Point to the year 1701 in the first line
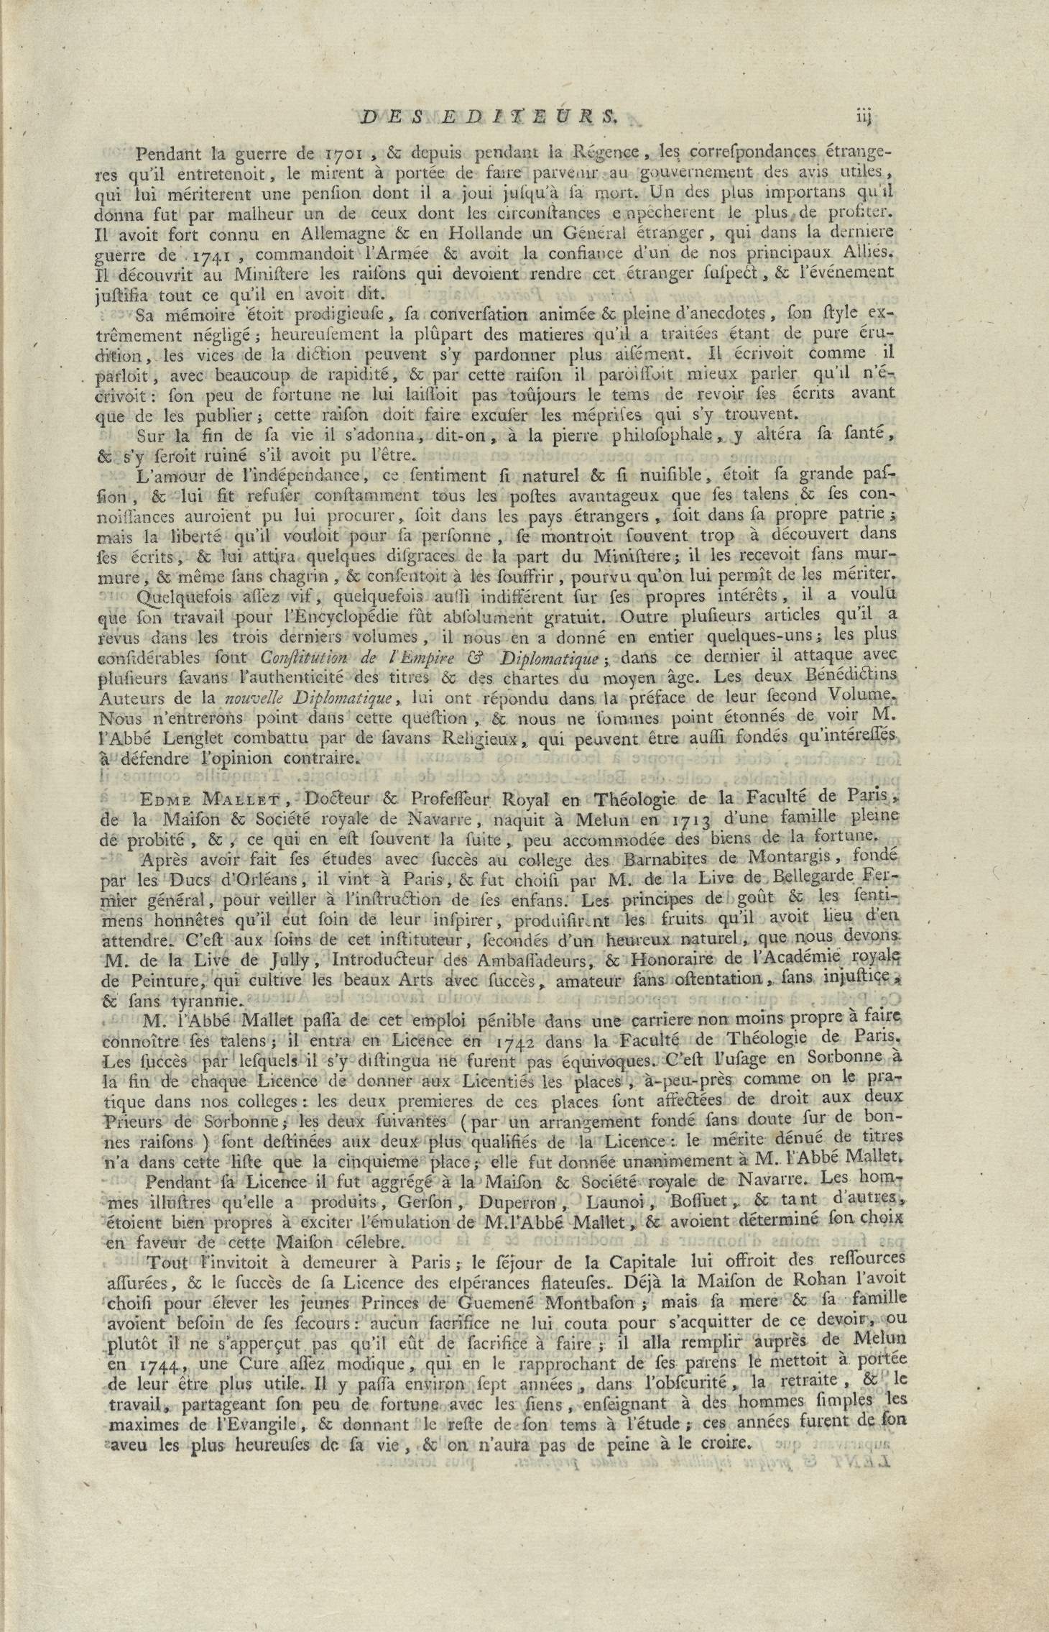(x=344, y=152)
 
